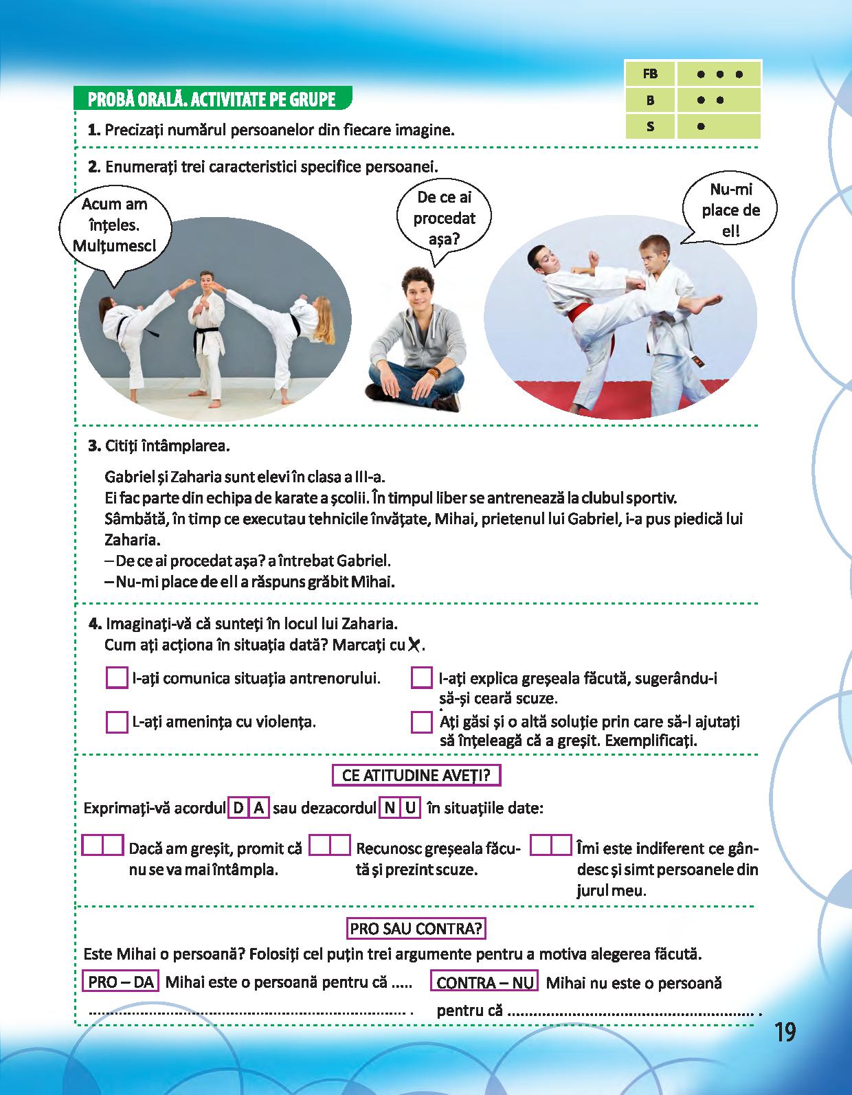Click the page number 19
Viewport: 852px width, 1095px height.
784,1032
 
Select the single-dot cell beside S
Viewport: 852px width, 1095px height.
718,126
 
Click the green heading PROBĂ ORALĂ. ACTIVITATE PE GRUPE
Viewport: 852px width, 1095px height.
212,100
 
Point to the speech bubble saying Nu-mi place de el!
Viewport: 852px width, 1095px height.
730,210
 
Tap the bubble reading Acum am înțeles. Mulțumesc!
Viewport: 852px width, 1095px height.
114,225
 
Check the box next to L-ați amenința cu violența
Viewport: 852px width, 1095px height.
117,722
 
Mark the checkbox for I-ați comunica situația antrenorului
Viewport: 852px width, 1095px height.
117,678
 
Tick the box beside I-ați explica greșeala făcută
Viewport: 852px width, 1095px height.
421,678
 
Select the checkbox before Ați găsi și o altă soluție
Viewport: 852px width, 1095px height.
421,722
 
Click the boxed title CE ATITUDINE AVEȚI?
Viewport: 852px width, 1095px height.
416,776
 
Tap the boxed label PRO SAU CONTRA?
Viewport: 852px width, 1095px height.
416,929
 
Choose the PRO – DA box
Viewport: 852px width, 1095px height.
121,982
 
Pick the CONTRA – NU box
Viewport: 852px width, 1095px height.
484,982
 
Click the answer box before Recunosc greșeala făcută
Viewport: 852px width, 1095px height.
330,845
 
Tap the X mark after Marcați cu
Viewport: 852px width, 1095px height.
414,644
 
